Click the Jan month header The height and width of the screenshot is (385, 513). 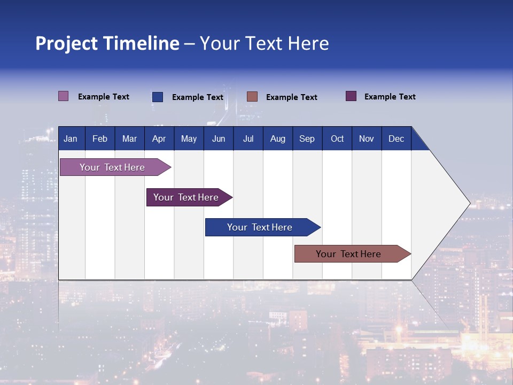coord(71,138)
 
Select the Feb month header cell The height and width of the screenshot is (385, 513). coord(100,138)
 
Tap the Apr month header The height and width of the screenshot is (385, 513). coord(159,138)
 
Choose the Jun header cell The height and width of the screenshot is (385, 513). coord(219,138)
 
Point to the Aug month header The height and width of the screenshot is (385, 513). coord(278,138)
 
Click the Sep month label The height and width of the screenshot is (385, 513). coord(307,138)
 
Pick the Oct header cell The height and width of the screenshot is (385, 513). coord(337,138)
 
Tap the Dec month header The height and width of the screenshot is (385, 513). coord(397,138)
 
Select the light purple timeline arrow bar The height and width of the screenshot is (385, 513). coord(112,167)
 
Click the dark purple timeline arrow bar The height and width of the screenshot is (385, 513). coord(186,197)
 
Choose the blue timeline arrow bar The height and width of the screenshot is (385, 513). coord(260,227)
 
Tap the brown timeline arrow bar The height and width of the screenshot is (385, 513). coord(348,254)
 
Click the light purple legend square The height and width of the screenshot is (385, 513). coord(63,96)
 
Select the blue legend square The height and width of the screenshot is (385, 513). coord(158,97)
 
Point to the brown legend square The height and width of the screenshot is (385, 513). coord(252,96)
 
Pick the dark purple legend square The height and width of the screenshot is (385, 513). coord(351,96)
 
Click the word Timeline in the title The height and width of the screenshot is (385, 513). coord(142,43)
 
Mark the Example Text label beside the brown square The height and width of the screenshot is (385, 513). coord(292,97)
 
